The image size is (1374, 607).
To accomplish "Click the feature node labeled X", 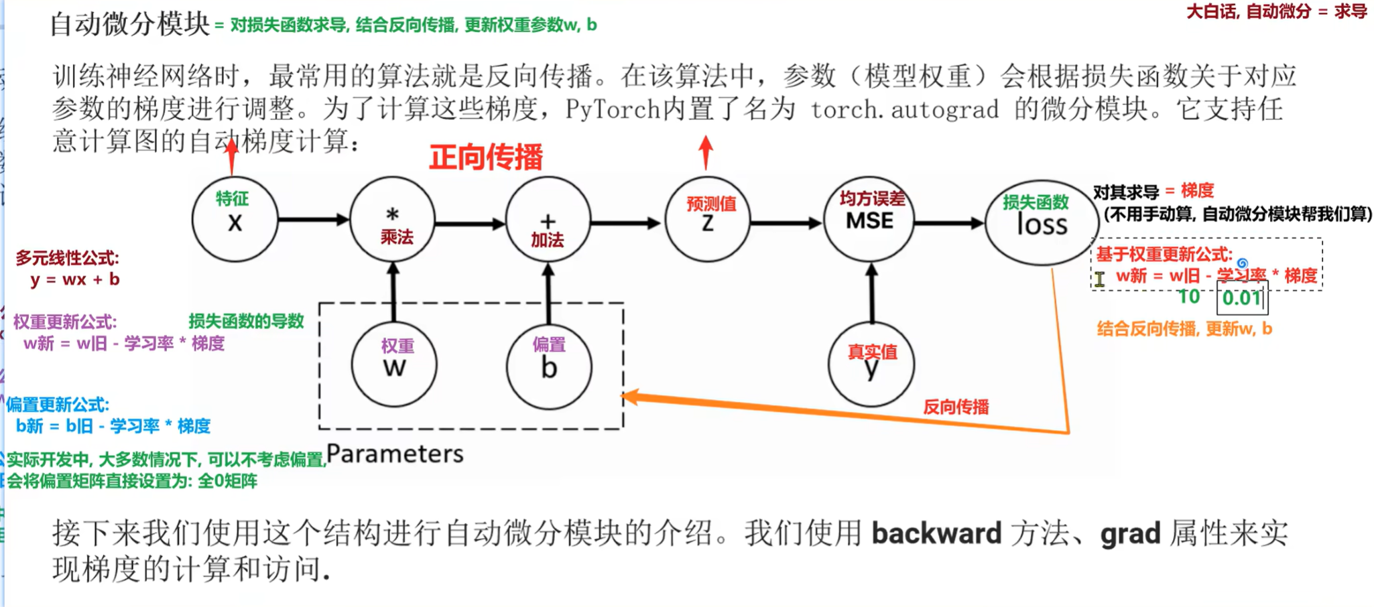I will coord(235,219).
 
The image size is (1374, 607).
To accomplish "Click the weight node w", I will coord(394,365).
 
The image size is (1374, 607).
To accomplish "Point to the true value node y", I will coord(871,365).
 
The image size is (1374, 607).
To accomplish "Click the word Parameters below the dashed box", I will coord(395,454).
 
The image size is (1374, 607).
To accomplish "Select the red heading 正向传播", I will coord(486,157).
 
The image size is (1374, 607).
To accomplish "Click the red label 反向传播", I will coord(956,407).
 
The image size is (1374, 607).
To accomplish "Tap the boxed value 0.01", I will coord(1242,297).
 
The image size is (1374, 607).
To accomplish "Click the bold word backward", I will coord(936,533).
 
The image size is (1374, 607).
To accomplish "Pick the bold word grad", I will coord(1130,533).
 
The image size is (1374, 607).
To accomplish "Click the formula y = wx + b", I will coord(75,279).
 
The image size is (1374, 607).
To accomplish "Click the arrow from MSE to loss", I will coord(948,222).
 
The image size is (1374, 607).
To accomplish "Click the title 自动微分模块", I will coord(130,24).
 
